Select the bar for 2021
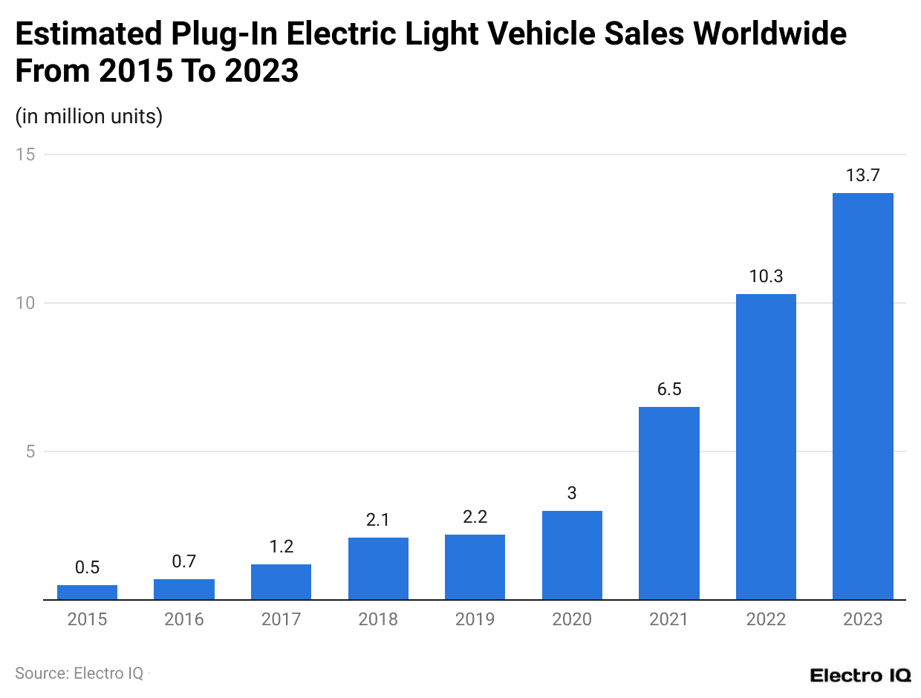[668, 503]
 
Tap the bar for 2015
[87, 592]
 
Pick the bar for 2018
[378, 568]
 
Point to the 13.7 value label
[862, 176]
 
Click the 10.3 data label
[766, 277]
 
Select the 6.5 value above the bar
[668, 390]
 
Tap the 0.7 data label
[183, 562]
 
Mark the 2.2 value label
[475, 518]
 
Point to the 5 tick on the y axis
[30, 451]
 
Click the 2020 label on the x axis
[571, 619]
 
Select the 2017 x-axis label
[281, 619]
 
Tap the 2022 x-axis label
[766, 619]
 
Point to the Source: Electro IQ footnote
[79, 673]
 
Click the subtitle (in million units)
[88, 117]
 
